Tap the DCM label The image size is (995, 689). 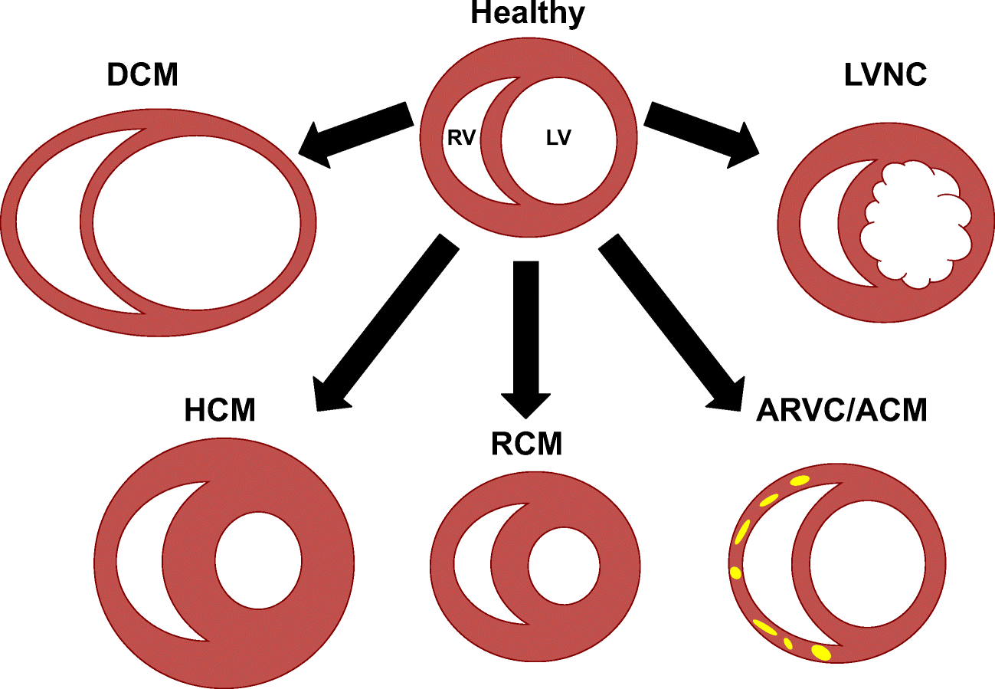pyautogui.click(x=143, y=75)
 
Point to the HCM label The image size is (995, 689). pyautogui.click(x=219, y=410)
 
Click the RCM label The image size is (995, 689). pyautogui.click(x=526, y=443)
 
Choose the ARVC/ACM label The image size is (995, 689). pyautogui.click(x=841, y=410)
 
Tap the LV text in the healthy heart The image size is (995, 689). pyautogui.click(x=559, y=139)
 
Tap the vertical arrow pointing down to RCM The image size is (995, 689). pyautogui.click(x=526, y=337)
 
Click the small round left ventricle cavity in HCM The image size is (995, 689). pyautogui.click(x=258, y=559)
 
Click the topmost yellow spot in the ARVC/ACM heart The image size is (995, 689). pyautogui.click(x=799, y=481)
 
